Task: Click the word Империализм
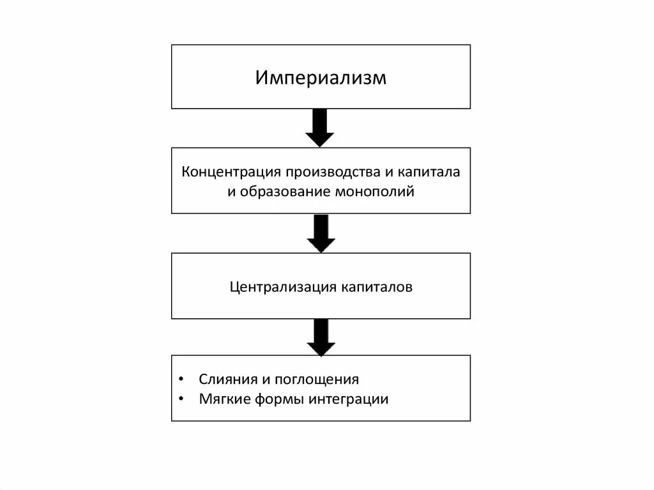pyautogui.click(x=321, y=78)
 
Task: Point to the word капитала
pyautogui.click(x=430, y=173)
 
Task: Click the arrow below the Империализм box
pyautogui.click(x=320, y=128)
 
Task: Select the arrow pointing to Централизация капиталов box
pyautogui.click(x=321, y=233)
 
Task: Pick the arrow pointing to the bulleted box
pyautogui.click(x=321, y=337)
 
